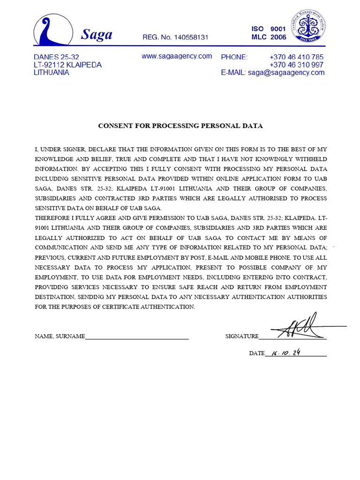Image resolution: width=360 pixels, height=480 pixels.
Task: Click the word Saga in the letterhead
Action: (97, 34)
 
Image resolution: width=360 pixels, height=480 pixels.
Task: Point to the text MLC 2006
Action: (269, 37)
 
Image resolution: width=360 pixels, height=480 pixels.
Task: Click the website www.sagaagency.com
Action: (177, 56)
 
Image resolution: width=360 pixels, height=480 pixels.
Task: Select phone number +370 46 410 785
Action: (296, 57)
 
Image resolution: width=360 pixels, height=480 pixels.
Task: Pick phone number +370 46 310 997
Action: (296, 65)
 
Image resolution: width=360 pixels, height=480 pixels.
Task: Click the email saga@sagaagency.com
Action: (286, 73)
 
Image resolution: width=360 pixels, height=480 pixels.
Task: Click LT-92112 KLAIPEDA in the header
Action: (67, 65)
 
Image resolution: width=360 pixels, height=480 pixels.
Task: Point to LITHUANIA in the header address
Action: (52, 73)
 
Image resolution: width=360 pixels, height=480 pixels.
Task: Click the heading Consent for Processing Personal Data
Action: (180, 126)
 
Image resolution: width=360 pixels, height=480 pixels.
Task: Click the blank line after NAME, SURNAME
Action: (137, 336)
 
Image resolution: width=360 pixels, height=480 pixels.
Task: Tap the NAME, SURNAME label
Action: (60, 336)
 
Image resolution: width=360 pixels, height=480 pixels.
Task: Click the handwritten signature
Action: (302, 327)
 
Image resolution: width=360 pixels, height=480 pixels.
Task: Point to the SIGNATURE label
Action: (241, 336)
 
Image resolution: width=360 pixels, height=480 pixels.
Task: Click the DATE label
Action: (256, 353)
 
